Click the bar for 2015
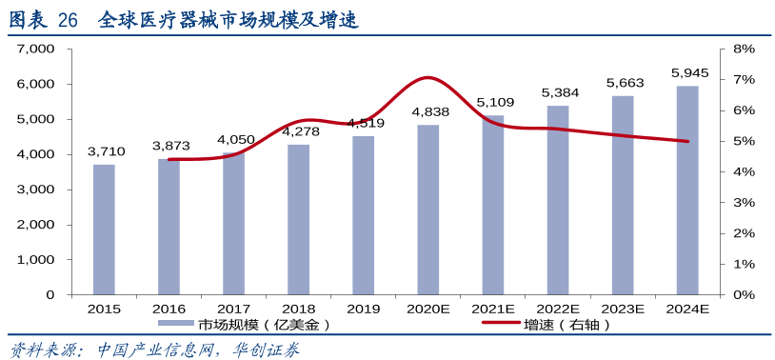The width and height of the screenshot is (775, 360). [x=104, y=230]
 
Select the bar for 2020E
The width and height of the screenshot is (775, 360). [x=428, y=210]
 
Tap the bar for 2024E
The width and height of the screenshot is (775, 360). [x=687, y=190]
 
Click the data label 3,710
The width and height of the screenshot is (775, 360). [x=106, y=150]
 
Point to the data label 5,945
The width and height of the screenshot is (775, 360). [x=689, y=72]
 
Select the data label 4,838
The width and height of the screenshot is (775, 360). [x=430, y=111]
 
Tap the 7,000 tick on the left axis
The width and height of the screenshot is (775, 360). [x=37, y=49]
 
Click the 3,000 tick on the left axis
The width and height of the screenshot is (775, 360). [x=37, y=190]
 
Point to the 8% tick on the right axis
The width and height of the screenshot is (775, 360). [x=744, y=49]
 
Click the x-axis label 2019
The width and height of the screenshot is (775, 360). [x=363, y=309]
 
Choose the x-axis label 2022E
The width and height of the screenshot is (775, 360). [x=558, y=309]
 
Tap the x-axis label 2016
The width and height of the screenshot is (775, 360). [x=169, y=309]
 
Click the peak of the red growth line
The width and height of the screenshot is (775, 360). [x=428, y=77]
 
